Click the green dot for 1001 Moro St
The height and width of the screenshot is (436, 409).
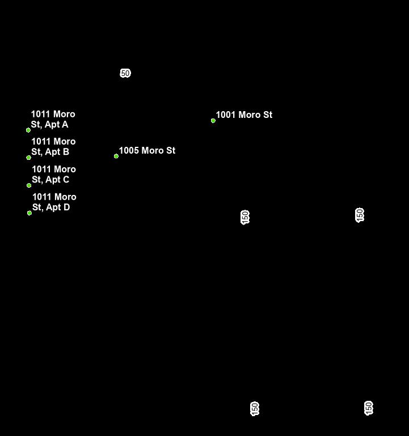(x=213, y=120)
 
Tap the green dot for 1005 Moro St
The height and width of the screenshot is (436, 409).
(x=116, y=156)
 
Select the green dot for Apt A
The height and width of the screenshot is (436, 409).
(x=28, y=130)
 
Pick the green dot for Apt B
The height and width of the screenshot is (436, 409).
(x=29, y=158)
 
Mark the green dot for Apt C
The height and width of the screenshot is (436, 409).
(x=29, y=185)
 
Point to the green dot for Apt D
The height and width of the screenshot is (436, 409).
(x=29, y=213)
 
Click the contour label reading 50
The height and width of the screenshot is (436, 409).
(x=125, y=73)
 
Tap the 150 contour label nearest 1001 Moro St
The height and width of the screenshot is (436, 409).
(x=245, y=217)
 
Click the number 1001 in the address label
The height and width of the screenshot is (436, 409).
(x=225, y=115)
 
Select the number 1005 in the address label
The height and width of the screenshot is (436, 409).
(x=128, y=151)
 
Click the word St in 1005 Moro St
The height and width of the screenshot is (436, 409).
(x=170, y=151)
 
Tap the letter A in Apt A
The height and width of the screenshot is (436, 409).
(x=65, y=125)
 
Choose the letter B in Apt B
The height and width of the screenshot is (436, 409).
(x=66, y=152)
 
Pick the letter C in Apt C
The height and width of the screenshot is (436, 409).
(x=66, y=180)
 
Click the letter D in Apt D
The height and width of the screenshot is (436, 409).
(x=66, y=208)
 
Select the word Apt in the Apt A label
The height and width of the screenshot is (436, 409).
(x=52, y=125)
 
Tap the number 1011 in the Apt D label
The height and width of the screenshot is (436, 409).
(x=42, y=197)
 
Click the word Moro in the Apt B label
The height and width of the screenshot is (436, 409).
(x=65, y=142)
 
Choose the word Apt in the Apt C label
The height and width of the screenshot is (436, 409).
(x=53, y=180)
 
